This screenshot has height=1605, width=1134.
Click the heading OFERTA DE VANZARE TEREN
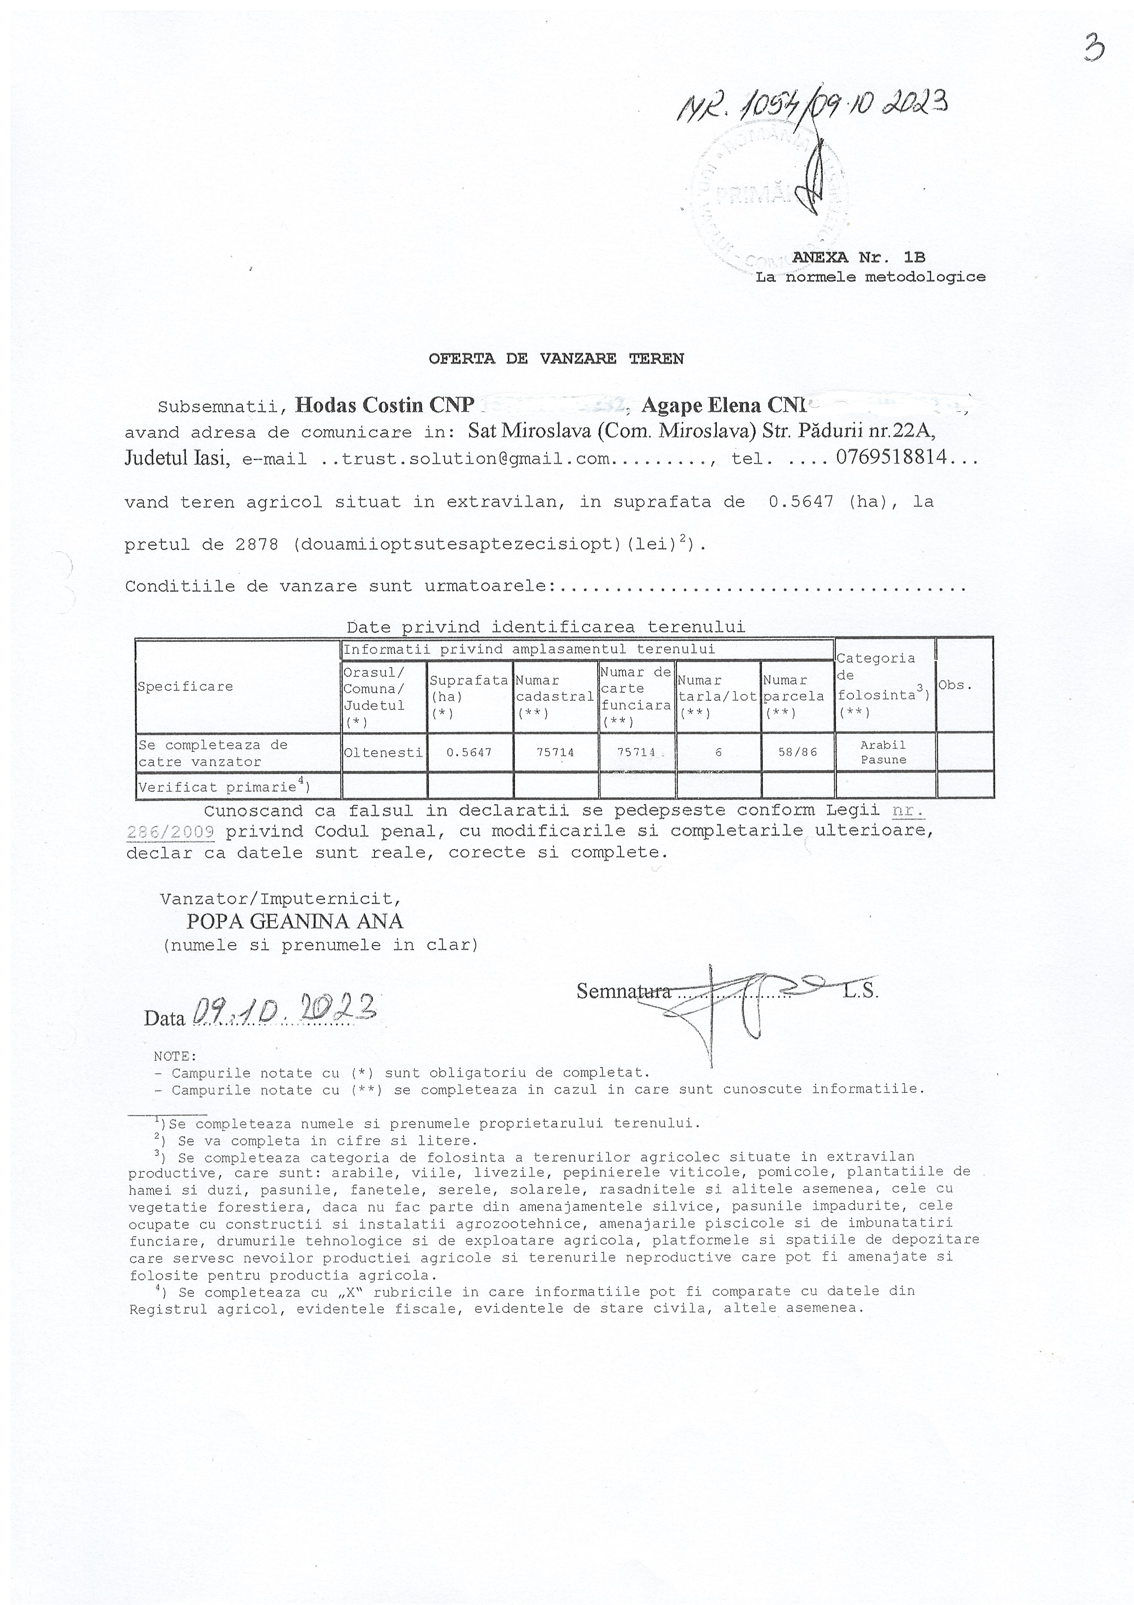pos(556,359)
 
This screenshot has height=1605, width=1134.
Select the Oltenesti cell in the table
pos(383,752)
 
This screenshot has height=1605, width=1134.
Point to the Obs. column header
pos(955,685)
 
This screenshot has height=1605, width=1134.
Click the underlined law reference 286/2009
pos(171,832)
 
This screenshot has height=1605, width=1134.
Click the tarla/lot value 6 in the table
pos(718,752)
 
